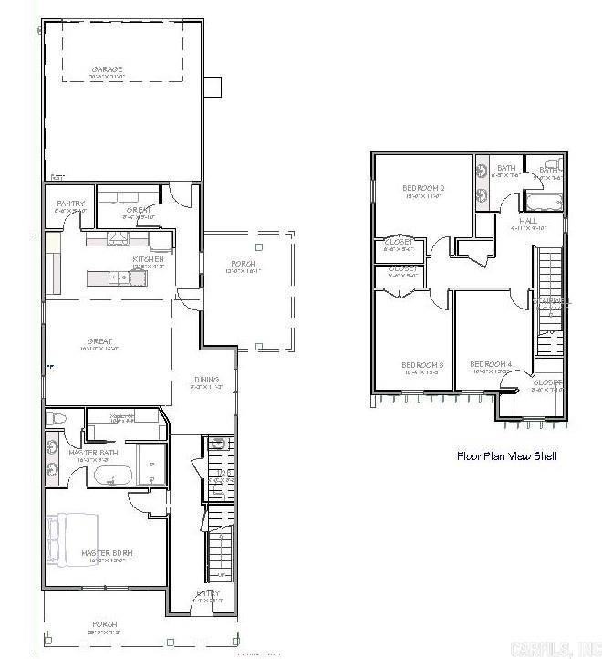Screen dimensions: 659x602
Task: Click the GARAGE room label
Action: [107, 69]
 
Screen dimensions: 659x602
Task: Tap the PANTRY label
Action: [70, 204]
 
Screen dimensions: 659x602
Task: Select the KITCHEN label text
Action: [147, 259]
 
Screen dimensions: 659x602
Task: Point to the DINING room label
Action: [207, 380]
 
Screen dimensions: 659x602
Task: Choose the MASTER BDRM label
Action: [108, 553]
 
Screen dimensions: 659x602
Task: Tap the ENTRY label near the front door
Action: [208, 593]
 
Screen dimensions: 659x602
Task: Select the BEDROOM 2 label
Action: [422, 190]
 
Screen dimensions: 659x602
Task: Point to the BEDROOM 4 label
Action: [491, 365]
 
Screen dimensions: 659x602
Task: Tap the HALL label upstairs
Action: [528, 221]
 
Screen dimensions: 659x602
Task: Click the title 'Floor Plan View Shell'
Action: [506, 455]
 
